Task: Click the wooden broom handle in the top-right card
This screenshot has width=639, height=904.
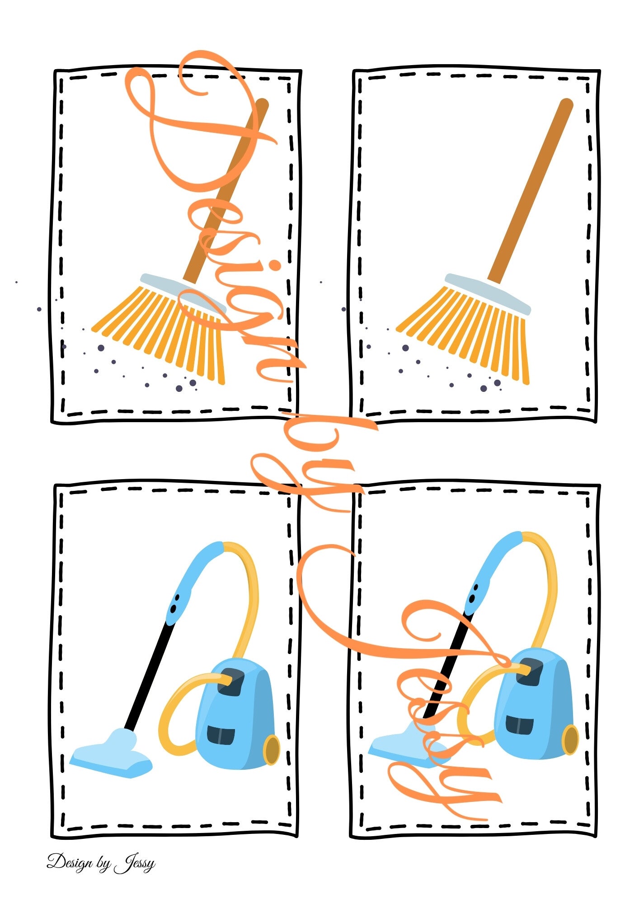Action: pyautogui.click(x=531, y=191)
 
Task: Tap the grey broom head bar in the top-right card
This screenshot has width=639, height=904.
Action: pyautogui.click(x=488, y=294)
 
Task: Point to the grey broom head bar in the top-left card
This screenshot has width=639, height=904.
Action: pyautogui.click(x=183, y=294)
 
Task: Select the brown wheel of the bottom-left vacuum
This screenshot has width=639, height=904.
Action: pyautogui.click(x=271, y=750)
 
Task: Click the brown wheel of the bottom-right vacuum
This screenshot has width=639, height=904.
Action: pyautogui.click(x=570, y=740)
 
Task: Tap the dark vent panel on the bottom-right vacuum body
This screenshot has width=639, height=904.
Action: pyautogui.click(x=519, y=724)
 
